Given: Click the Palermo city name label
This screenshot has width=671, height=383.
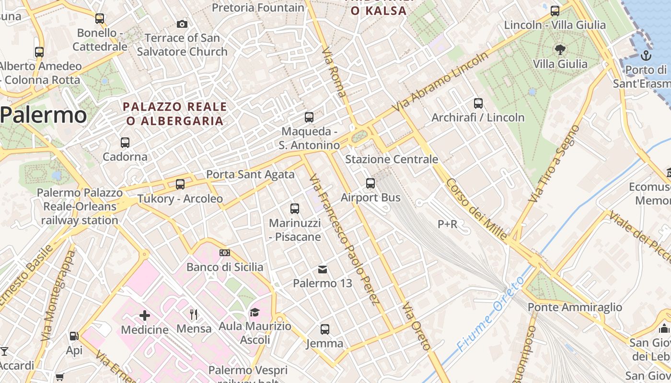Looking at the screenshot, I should [44, 115].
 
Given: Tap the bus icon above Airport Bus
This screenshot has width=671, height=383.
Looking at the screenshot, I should [370, 183].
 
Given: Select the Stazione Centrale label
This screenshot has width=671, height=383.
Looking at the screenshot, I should [392, 159].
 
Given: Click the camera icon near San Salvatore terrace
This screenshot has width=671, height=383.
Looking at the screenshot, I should [182, 24].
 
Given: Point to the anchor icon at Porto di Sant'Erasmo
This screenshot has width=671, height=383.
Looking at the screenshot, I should [646, 56].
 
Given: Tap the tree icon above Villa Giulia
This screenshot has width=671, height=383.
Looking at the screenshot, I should [559, 49].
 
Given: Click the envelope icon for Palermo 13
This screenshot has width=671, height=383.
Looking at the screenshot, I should [323, 270].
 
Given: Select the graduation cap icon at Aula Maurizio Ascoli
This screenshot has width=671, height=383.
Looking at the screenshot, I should [255, 313].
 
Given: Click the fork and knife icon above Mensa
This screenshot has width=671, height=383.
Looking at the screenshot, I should [194, 315].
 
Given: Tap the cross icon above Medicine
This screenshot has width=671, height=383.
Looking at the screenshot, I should [144, 315].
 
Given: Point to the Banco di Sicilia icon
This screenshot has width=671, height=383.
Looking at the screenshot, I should [224, 253].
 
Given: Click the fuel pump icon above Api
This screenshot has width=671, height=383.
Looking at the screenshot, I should [74, 336].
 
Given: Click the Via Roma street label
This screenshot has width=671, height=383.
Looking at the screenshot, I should [334, 72].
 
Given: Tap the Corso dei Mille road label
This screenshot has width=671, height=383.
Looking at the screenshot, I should [476, 209].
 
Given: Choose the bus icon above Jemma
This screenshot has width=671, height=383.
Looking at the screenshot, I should [324, 329].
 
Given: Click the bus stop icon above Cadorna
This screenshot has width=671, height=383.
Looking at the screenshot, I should [125, 143].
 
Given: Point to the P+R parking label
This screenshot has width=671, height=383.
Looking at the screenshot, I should [448, 224].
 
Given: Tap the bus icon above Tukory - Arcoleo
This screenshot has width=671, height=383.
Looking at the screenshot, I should [180, 184].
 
